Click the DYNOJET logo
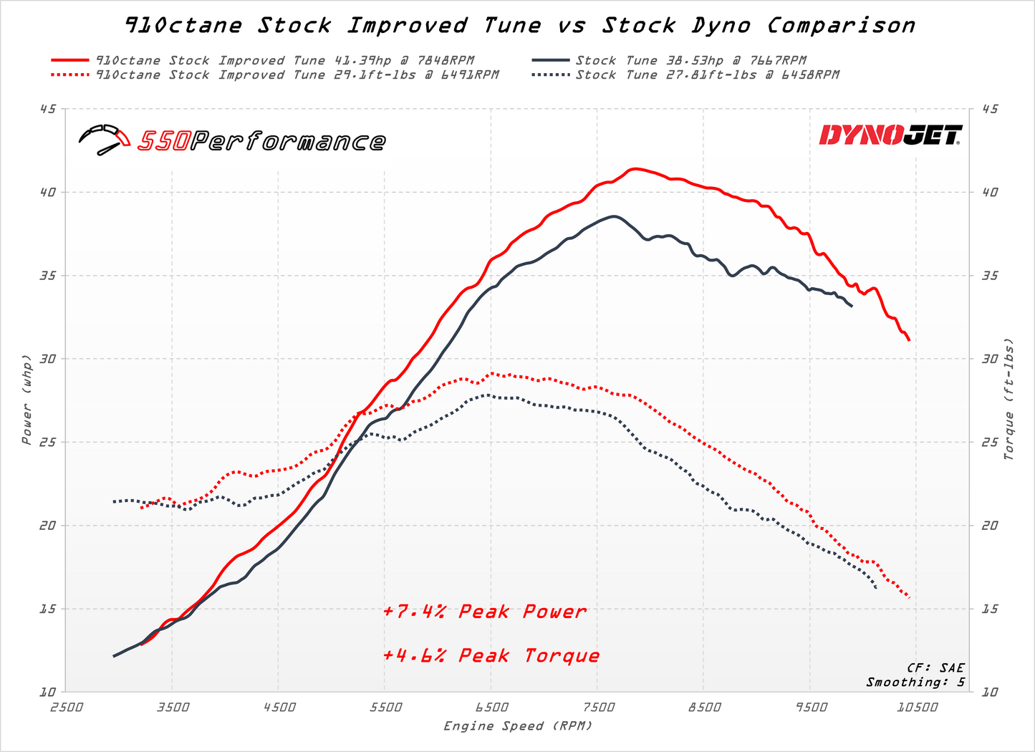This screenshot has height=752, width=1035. pyautogui.click(x=890, y=135)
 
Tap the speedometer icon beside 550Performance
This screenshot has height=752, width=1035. pyautogui.click(x=104, y=140)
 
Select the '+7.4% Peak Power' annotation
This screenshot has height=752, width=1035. pyautogui.click(x=484, y=612)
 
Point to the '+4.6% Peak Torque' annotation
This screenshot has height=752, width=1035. pyautogui.click(x=491, y=656)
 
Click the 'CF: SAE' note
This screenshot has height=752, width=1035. pyautogui.click(x=935, y=667)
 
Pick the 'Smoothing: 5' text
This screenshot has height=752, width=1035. pyautogui.click(x=915, y=682)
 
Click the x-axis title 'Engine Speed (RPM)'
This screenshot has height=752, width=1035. pyautogui.click(x=518, y=726)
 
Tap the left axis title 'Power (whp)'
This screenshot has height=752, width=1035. pyautogui.click(x=27, y=398)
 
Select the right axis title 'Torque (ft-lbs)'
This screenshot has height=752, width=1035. pyautogui.click(x=1009, y=398)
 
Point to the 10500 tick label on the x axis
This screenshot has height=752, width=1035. pyautogui.click(x=917, y=708)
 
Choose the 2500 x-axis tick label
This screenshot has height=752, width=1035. pyautogui.click(x=66, y=708)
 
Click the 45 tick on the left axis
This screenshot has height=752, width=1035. pyautogui.click(x=49, y=109)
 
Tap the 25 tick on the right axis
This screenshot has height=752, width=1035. pyautogui.click(x=989, y=442)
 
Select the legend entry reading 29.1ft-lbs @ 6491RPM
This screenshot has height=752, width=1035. pyautogui.click(x=297, y=75)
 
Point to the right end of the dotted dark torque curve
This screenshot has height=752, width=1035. pyautogui.click(x=877, y=588)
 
